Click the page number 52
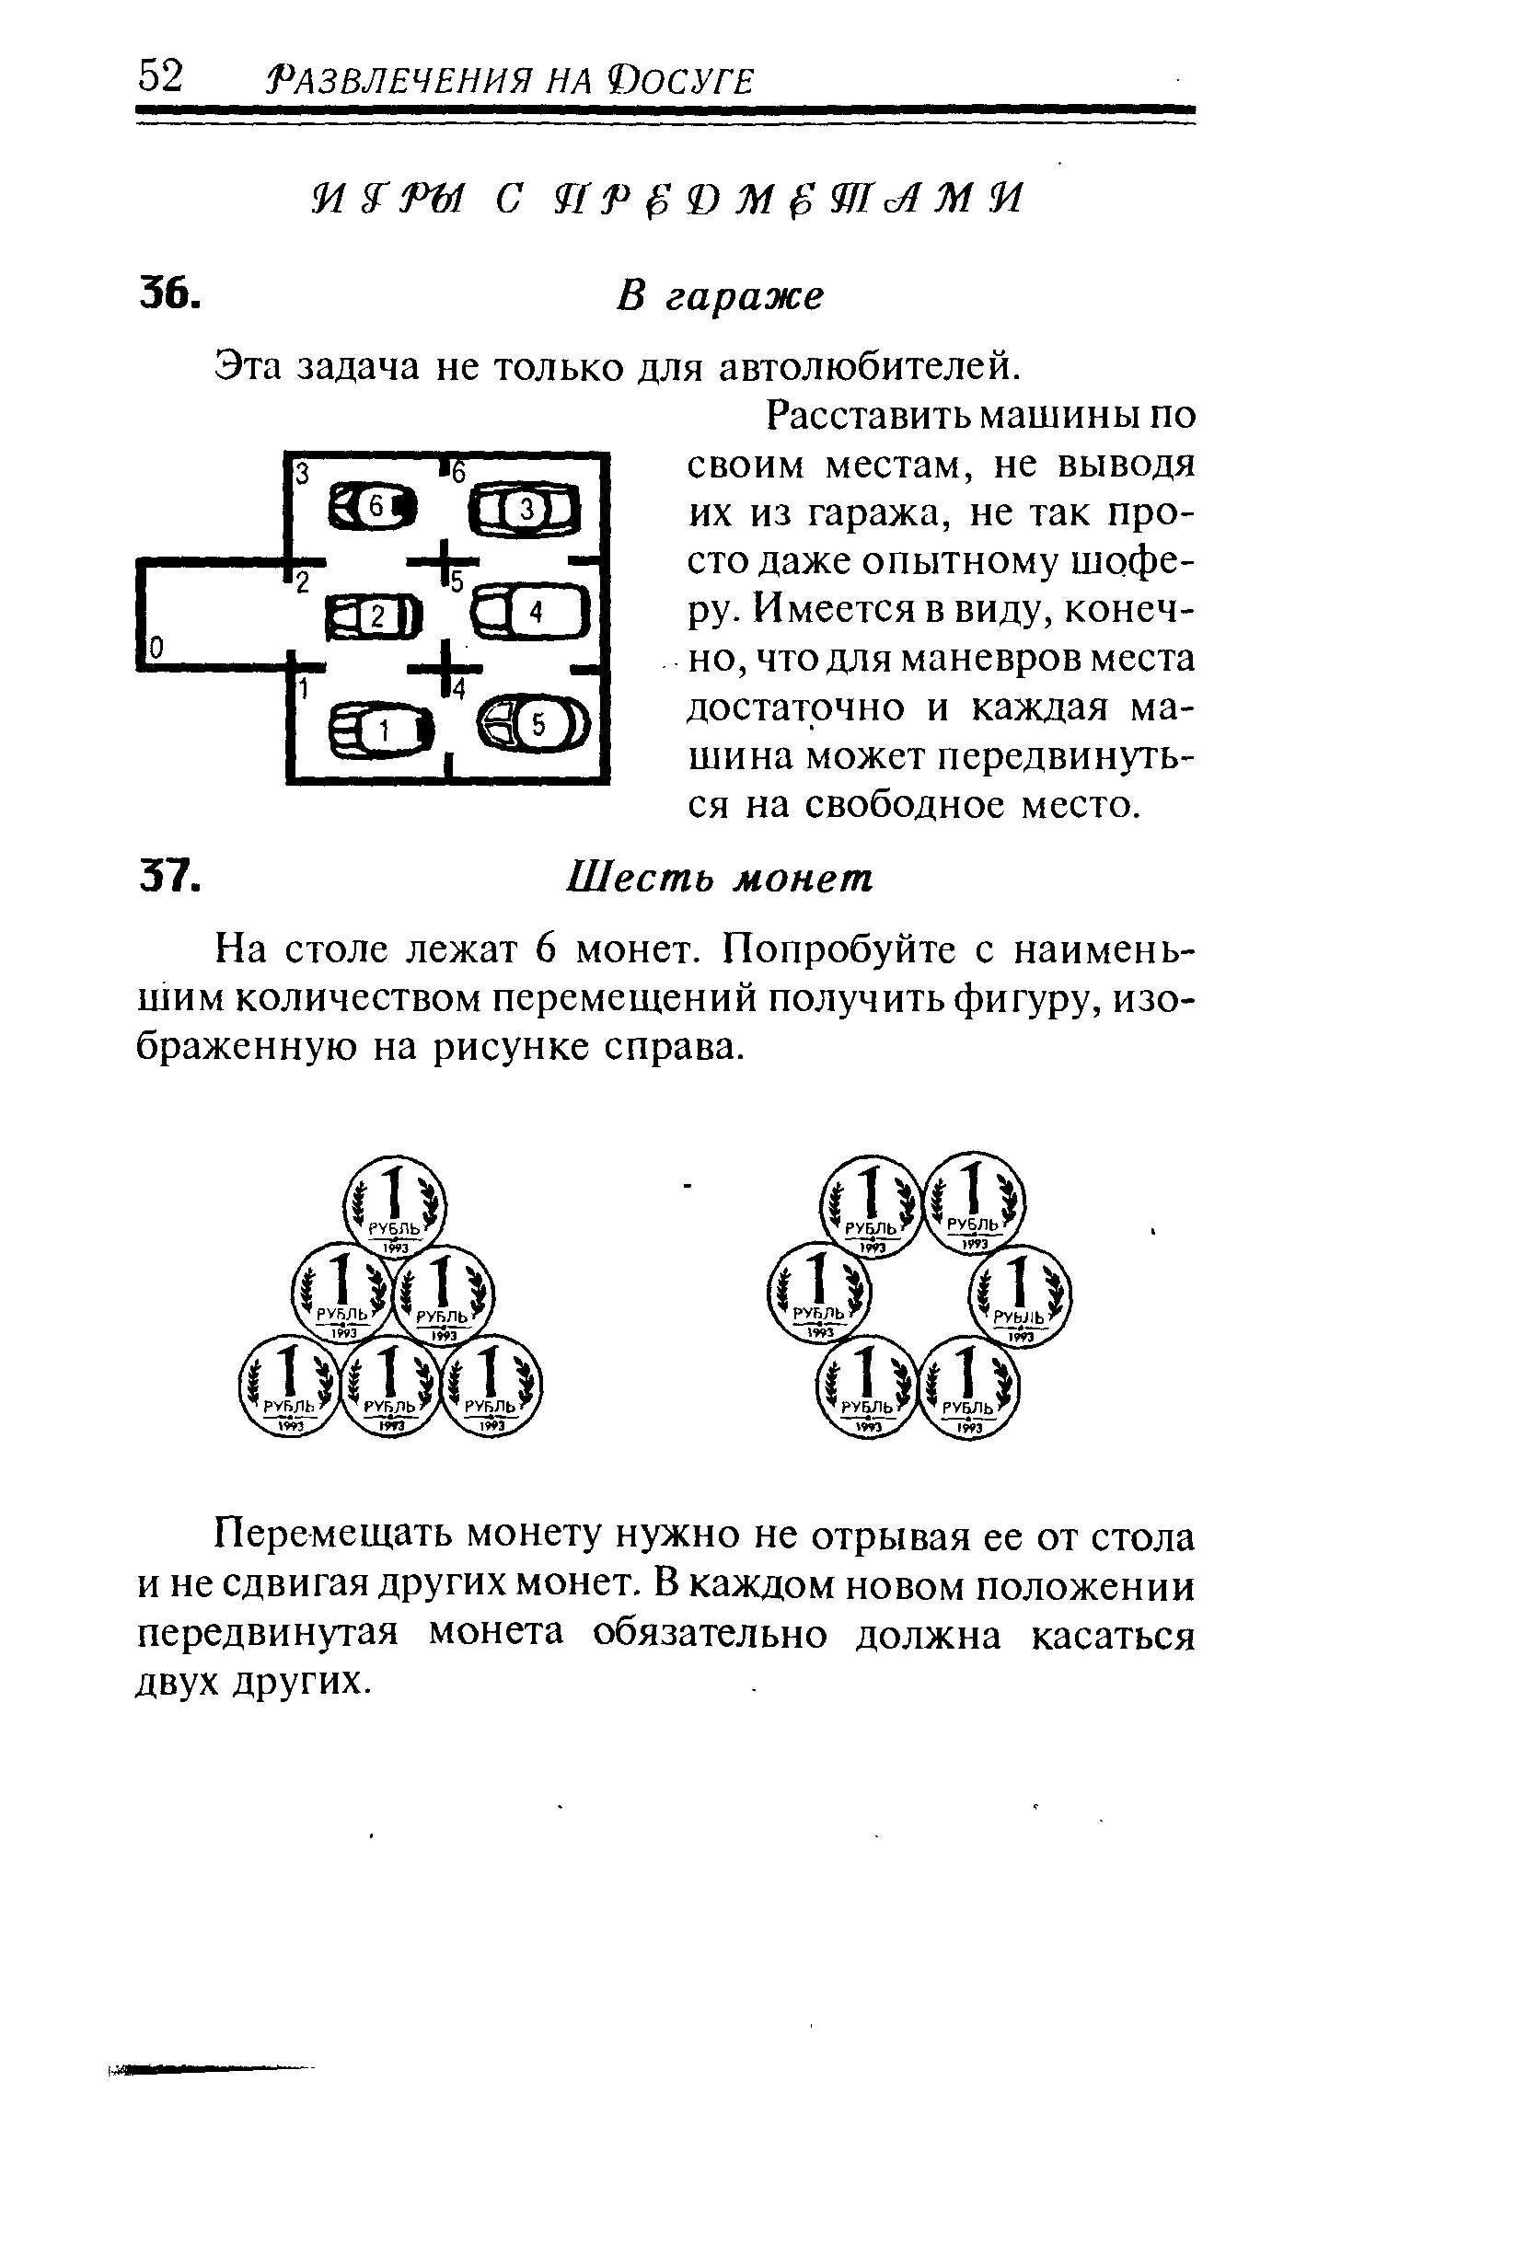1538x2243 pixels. coord(160,76)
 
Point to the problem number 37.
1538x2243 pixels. coord(170,877)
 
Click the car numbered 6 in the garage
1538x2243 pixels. coord(374,506)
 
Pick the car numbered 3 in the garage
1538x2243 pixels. coord(526,509)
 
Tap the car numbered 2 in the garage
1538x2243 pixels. coord(375,616)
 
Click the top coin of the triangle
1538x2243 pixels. coord(395,1205)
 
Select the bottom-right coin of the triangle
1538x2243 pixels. coord(491,1386)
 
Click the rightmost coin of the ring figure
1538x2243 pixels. coord(1020,1295)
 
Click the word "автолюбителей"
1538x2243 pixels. coord(870,367)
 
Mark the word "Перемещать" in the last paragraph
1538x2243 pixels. coord(333,1536)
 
